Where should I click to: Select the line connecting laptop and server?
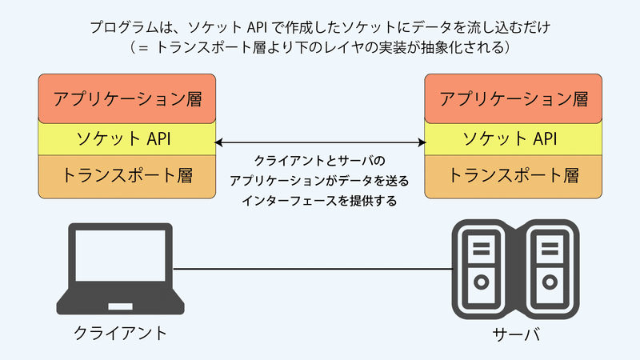click(x=312, y=270)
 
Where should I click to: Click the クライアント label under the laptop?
click(x=120, y=333)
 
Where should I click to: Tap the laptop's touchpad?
click(x=121, y=306)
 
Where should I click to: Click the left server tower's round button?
click(x=482, y=282)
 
